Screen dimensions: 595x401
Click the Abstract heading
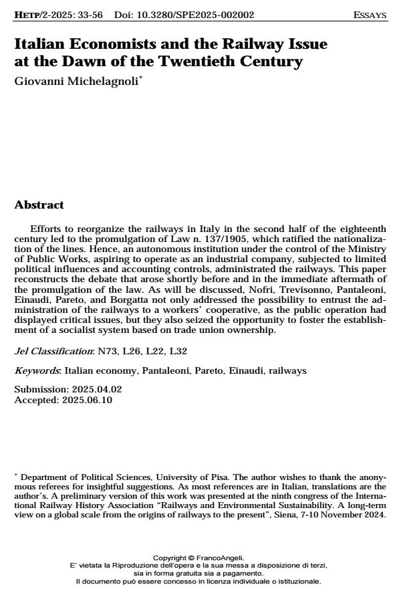click(39, 205)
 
